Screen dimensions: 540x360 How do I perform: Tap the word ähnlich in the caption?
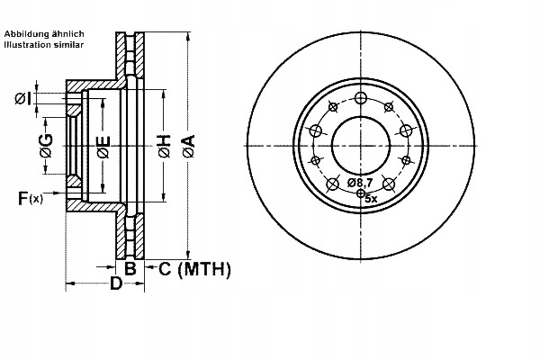click(x=70, y=32)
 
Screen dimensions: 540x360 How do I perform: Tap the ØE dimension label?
click(x=103, y=147)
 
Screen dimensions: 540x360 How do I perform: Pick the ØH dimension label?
click(x=164, y=147)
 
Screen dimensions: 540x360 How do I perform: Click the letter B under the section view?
click(x=130, y=267)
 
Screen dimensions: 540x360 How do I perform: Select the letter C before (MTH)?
click(x=165, y=268)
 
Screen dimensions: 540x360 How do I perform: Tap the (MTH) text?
click(x=205, y=268)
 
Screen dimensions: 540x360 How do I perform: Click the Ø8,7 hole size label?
click(x=361, y=184)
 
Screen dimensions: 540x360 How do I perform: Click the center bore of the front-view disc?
click(x=360, y=146)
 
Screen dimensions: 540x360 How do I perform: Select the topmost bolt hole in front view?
click(x=361, y=99)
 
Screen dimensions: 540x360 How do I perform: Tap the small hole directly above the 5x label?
click(x=361, y=193)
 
